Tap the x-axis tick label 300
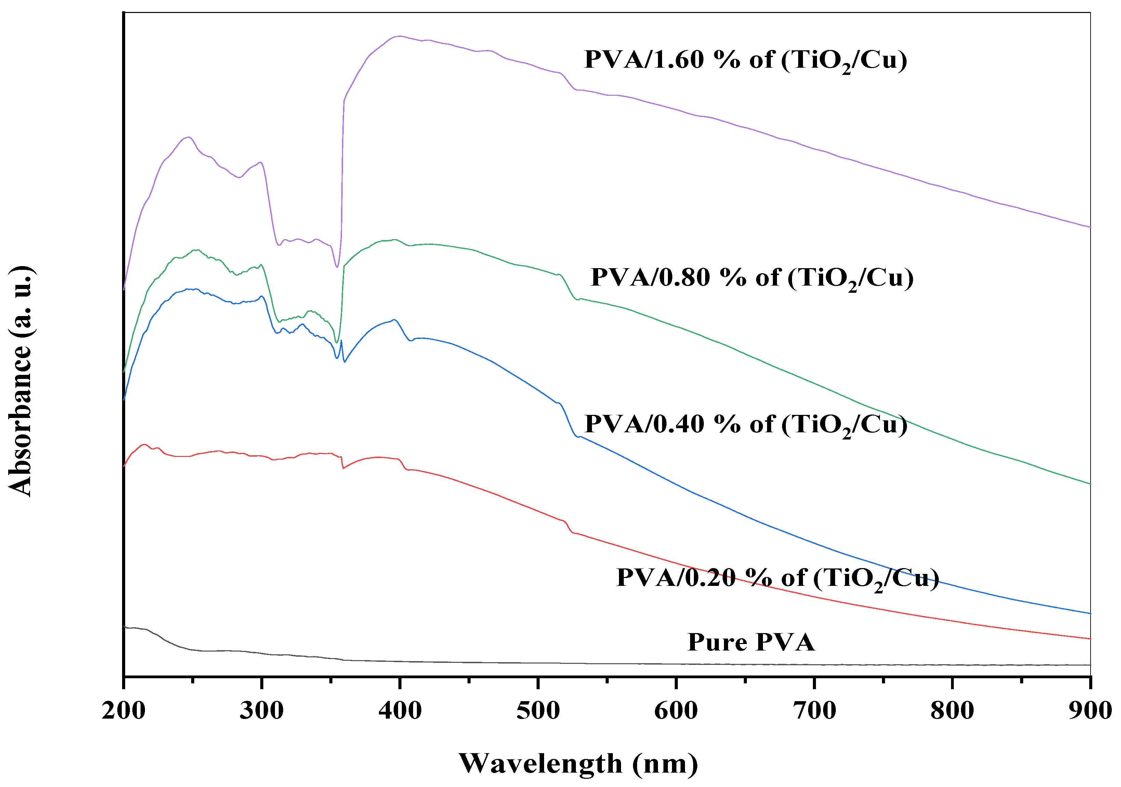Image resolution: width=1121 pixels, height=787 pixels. click(262, 711)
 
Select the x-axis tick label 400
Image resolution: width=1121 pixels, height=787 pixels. click(400, 711)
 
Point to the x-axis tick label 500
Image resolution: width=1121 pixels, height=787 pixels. click(538, 711)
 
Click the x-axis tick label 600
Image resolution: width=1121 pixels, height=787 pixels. click(676, 711)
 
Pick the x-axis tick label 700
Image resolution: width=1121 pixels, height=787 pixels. click(814, 711)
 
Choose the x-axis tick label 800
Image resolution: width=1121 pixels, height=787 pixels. click(952, 711)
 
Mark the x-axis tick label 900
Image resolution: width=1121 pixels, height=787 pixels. click(1090, 711)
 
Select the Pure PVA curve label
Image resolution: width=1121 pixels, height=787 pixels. click(751, 642)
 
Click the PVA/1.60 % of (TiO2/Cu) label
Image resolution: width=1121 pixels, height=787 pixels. click(746, 61)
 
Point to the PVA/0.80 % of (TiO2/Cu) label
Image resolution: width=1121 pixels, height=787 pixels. click(752, 278)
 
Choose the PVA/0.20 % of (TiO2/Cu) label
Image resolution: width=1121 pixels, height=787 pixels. click(777, 578)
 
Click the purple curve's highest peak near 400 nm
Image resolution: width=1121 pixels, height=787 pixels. click(399, 36)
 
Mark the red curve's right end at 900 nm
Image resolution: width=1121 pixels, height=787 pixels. click(1089, 639)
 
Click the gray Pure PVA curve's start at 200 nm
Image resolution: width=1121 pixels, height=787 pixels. click(125, 626)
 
